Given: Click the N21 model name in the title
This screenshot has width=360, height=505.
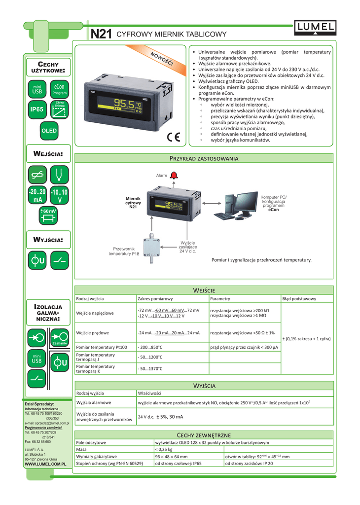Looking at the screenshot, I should (101, 34).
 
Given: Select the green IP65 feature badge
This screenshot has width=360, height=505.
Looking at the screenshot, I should (37, 110).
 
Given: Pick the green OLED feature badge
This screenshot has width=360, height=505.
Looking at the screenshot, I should (49, 131).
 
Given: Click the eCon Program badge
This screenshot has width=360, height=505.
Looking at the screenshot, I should (60, 89).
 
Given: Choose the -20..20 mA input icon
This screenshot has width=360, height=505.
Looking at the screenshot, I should (37, 196).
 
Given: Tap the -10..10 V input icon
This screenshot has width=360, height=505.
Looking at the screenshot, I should (60, 196).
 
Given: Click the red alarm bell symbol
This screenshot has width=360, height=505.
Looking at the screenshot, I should (174, 175).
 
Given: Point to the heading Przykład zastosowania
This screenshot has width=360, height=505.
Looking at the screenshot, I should (204, 159).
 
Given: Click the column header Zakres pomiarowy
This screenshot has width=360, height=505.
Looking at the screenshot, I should (155, 299).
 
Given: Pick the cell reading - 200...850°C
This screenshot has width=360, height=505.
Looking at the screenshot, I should (150, 347).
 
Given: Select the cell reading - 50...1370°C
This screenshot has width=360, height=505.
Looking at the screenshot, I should (150, 369).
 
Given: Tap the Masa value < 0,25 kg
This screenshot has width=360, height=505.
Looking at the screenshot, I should (164, 449).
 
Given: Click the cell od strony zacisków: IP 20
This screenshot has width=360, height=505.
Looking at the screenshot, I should (249, 464).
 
